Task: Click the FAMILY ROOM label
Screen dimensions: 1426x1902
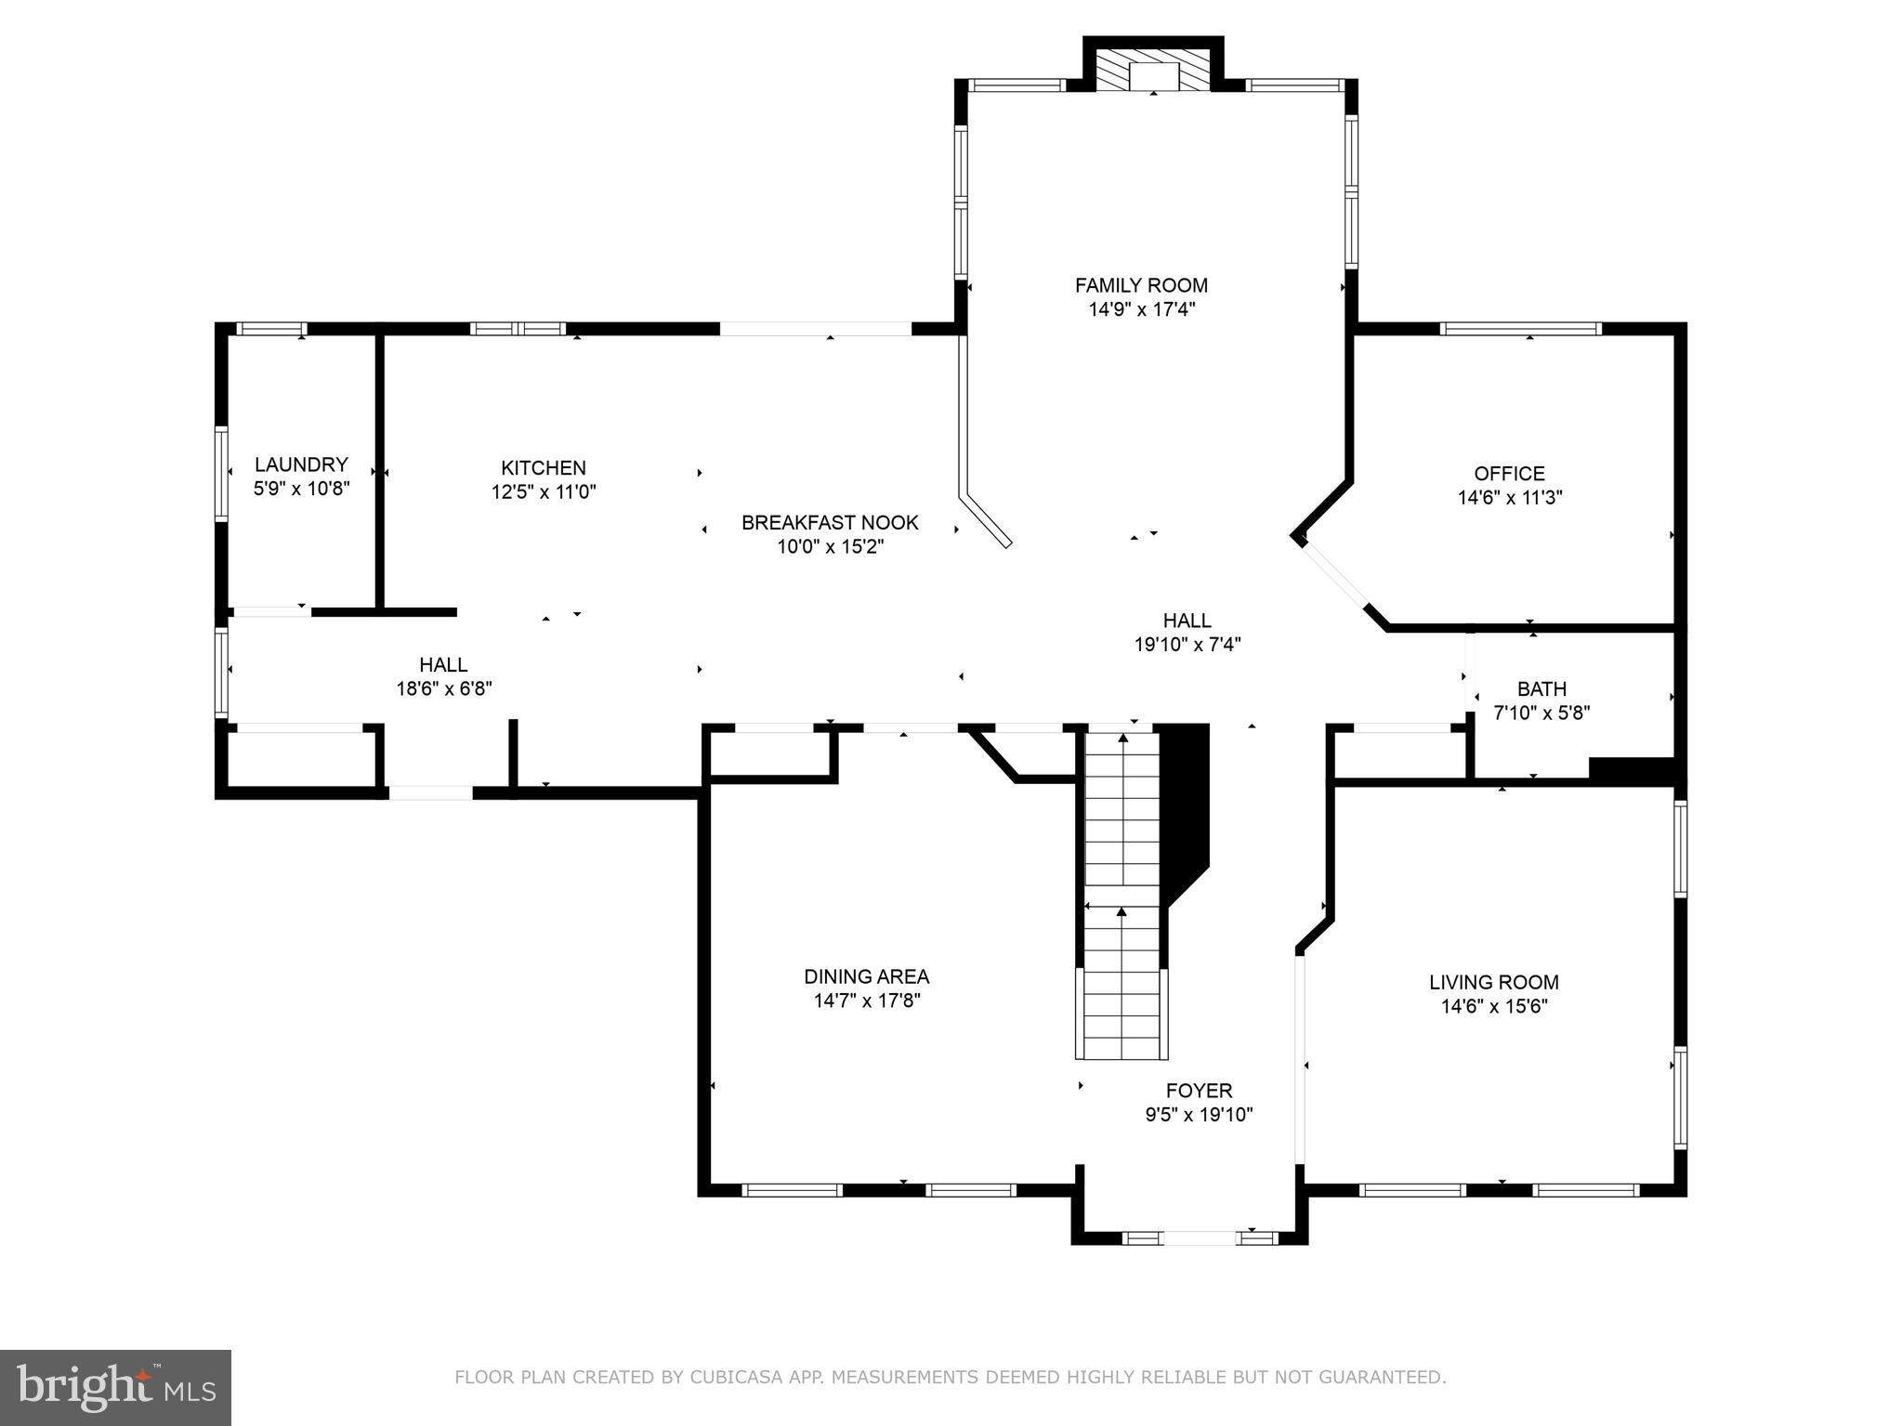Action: tap(1141, 285)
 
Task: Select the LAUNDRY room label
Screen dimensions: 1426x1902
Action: tap(301, 464)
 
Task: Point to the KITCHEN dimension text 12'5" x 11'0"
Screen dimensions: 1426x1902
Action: tap(544, 492)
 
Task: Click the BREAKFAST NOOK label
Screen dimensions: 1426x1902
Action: tap(830, 522)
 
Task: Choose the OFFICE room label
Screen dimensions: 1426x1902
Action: tap(1509, 474)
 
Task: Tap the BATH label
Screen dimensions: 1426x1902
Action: tap(1541, 689)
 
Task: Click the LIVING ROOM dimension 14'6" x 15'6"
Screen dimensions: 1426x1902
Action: tap(1493, 1006)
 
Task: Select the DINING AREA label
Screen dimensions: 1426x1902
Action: tap(866, 976)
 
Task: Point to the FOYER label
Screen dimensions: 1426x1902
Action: tap(1199, 1091)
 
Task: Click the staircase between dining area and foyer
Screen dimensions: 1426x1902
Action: tap(1122, 892)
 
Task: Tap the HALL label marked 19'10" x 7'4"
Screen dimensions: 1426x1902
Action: tap(1187, 620)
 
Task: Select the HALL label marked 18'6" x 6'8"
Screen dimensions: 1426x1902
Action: tap(443, 664)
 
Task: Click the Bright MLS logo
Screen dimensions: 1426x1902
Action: tap(115, 1387)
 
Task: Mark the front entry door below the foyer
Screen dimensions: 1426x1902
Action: tap(1199, 1237)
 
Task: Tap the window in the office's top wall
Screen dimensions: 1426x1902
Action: tap(1520, 328)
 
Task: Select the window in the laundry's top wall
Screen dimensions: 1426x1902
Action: tap(270, 328)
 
